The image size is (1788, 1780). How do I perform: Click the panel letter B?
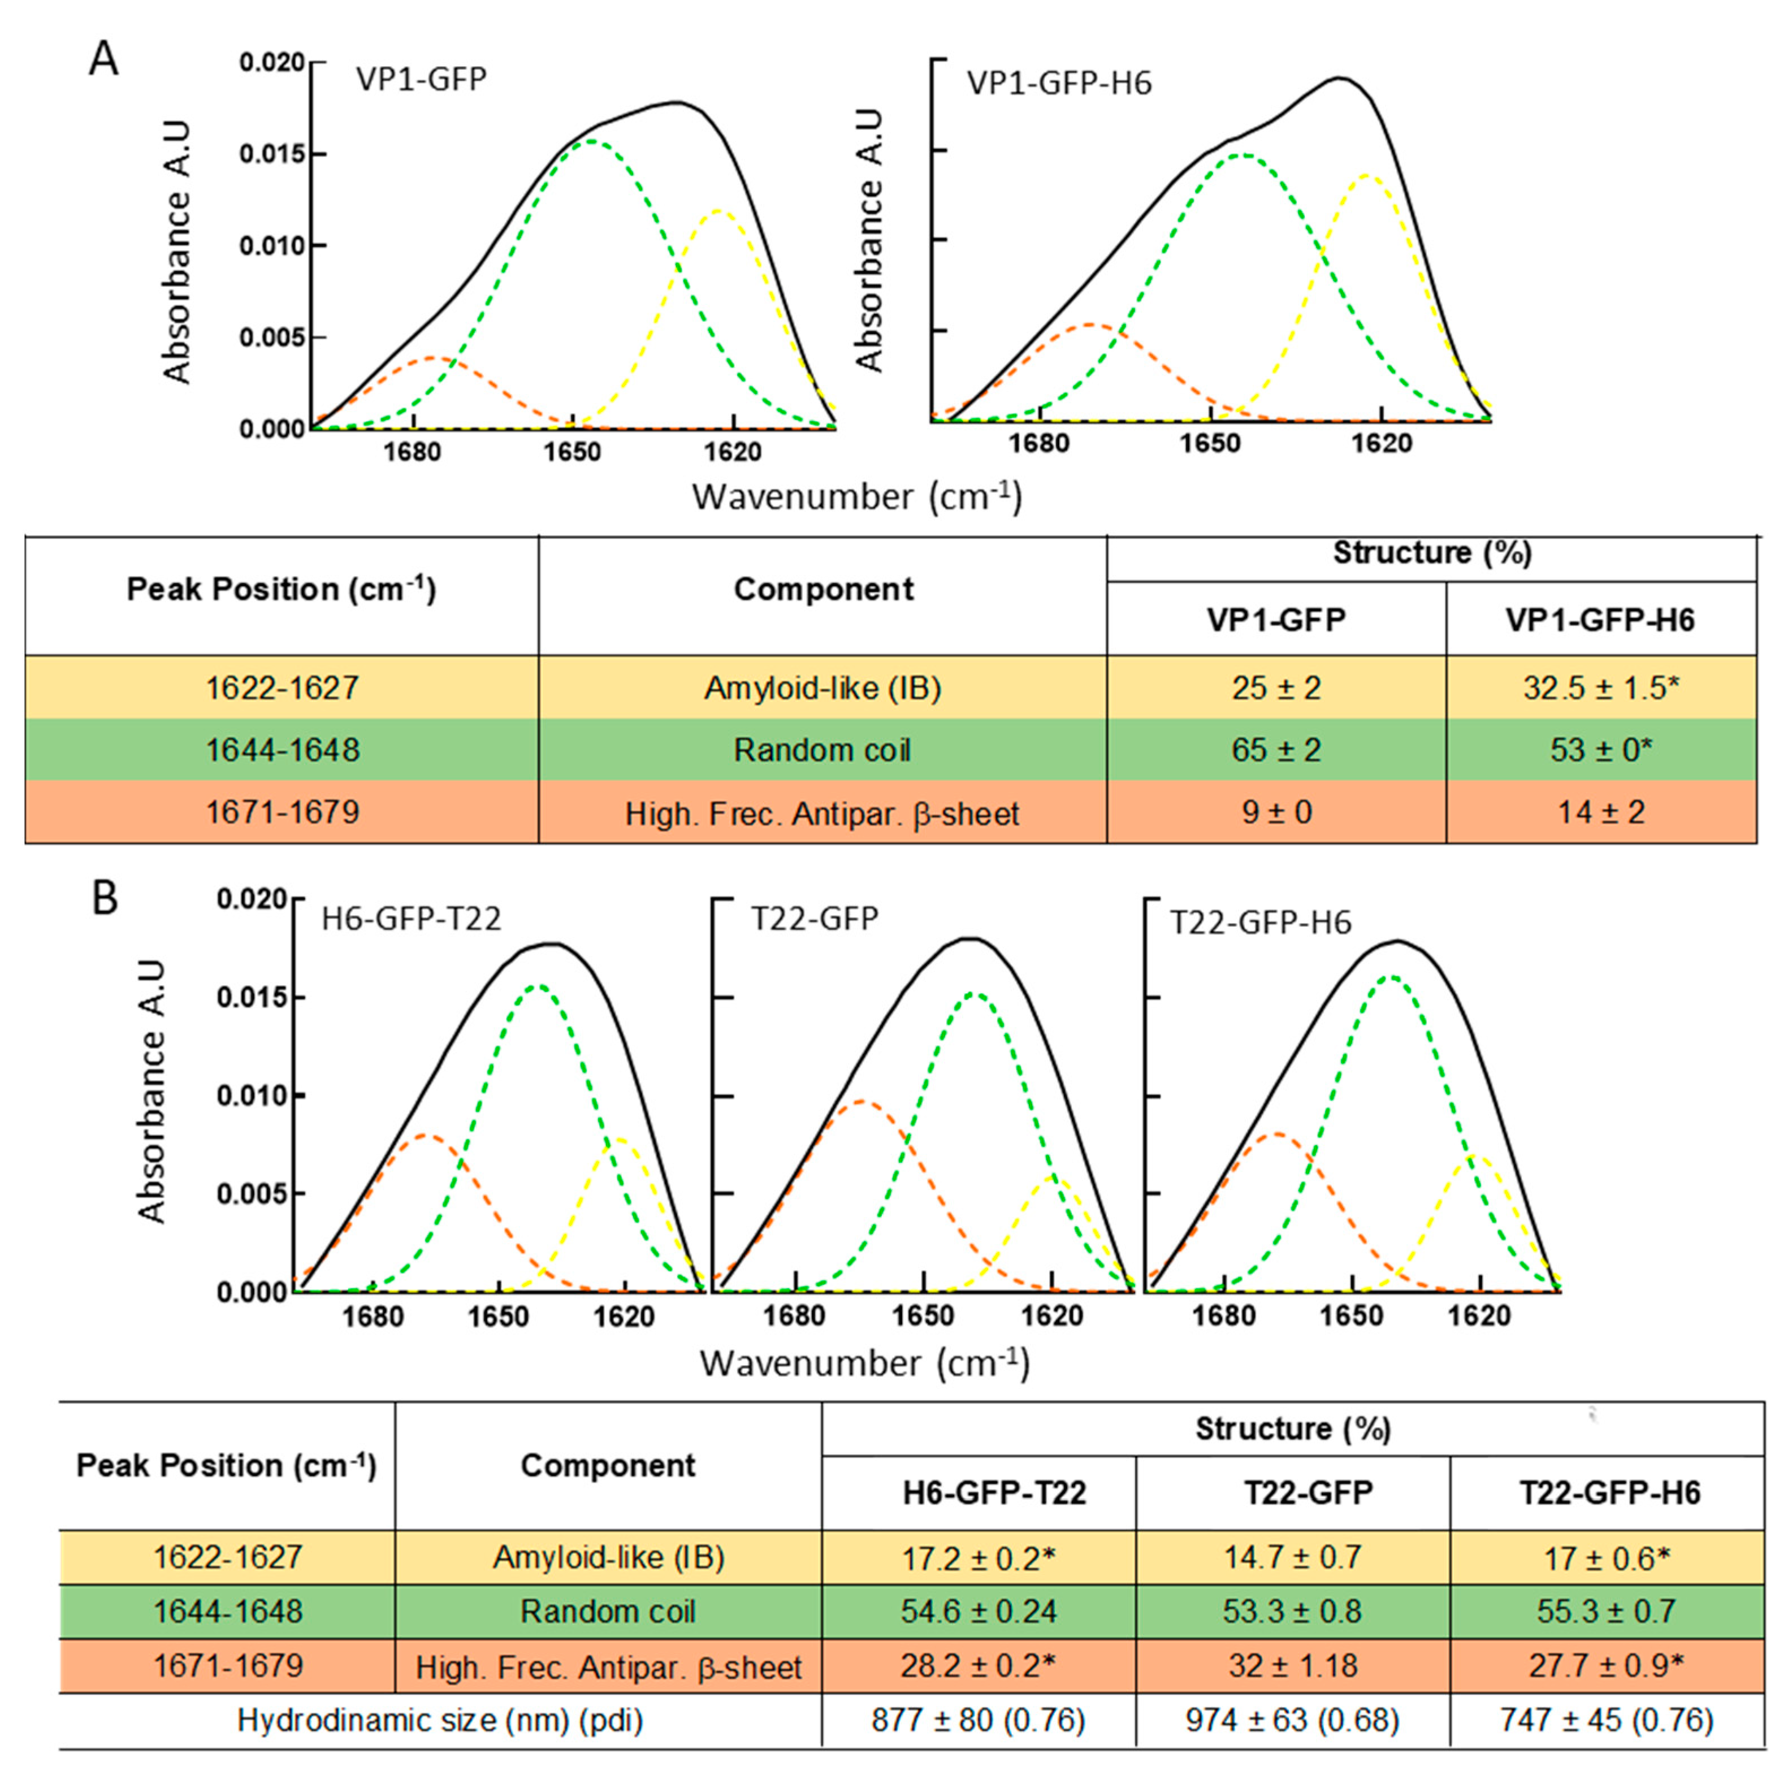pos(105,897)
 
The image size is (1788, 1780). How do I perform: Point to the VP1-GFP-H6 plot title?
pos(1059,83)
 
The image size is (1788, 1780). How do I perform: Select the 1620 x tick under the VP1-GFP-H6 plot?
pos(1382,443)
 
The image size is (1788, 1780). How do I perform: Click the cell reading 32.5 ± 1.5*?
pos(1600,688)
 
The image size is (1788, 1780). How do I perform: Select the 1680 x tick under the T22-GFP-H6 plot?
pos(1224,1315)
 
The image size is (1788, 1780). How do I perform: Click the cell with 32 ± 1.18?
pos(1292,1665)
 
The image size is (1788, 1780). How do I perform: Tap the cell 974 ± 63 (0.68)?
pos(1292,1720)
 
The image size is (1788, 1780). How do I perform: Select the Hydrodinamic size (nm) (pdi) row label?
pos(440,1720)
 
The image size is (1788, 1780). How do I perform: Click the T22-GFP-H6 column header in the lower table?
pos(1608,1492)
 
